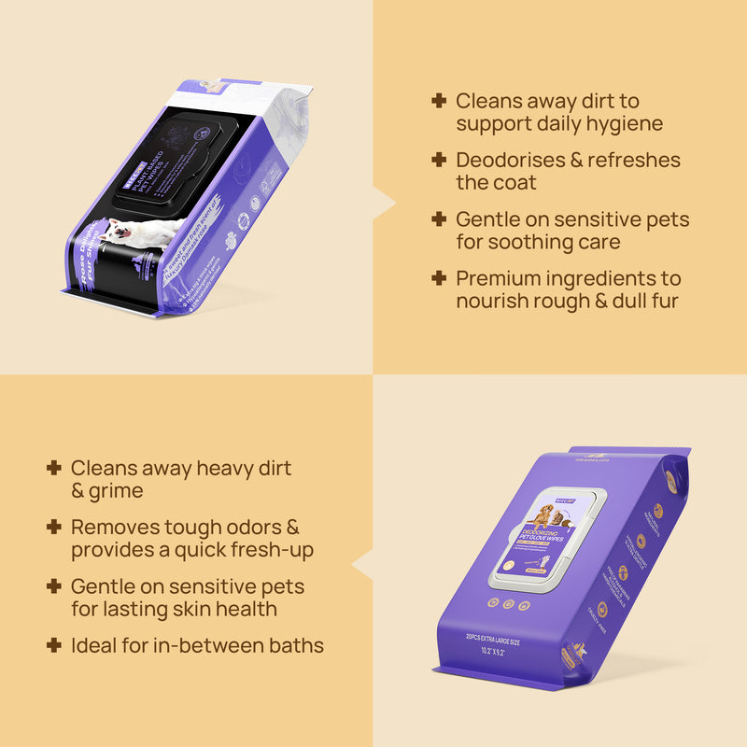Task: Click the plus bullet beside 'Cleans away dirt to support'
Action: [439, 101]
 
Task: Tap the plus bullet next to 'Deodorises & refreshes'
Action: [439, 160]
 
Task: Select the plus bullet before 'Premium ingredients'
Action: [439, 278]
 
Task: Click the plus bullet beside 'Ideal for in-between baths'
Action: [54, 644]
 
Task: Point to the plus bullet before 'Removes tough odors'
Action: [54, 527]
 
